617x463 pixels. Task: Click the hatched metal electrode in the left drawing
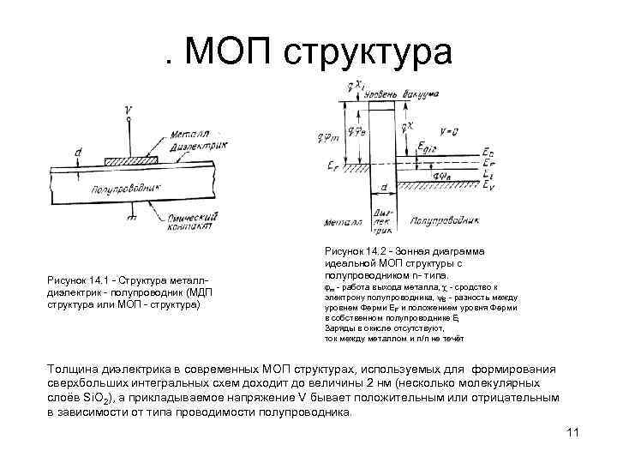[130, 160]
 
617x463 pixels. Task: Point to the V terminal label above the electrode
[128, 110]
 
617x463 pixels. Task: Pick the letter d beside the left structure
[78, 153]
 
